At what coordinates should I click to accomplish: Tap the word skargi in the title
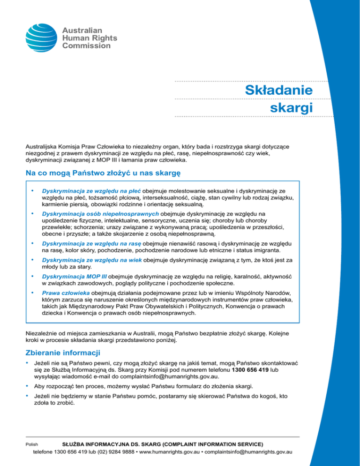point(292,107)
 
